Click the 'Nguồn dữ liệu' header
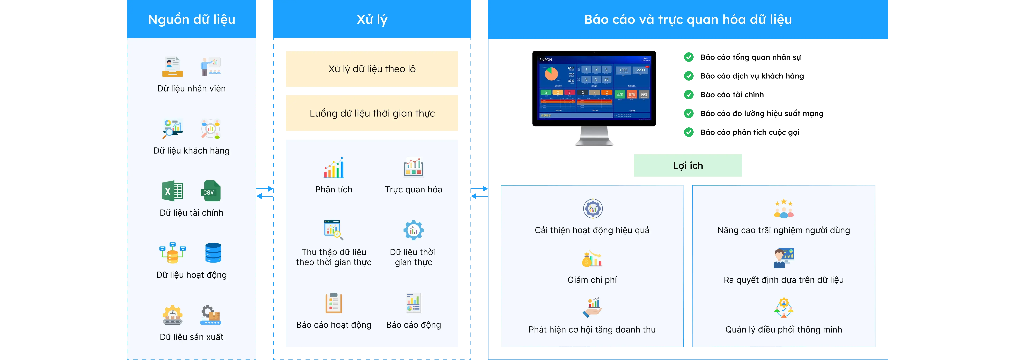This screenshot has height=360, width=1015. [192, 19]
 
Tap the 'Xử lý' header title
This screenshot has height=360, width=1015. [372, 19]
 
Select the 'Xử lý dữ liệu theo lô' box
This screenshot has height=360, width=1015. [372, 69]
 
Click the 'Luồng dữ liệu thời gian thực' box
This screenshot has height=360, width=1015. [372, 113]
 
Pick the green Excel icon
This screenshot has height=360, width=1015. [172, 191]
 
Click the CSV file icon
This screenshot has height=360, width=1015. [211, 191]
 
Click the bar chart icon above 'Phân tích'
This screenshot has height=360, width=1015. [334, 168]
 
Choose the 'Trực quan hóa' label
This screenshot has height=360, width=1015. [413, 189]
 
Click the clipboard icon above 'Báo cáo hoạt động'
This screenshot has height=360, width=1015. [334, 303]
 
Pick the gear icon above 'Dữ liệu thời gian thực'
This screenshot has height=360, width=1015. [413, 230]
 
